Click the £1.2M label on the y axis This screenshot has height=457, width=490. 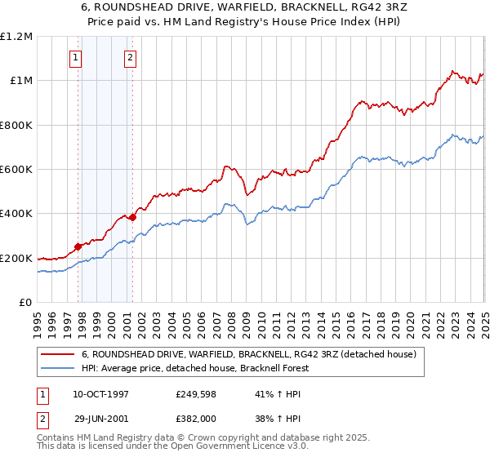click(x=16, y=36)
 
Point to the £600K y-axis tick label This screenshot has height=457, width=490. click(x=16, y=170)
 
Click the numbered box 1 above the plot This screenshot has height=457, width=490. click(x=75, y=57)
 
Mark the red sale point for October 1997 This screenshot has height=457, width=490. click(x=78, y=246)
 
